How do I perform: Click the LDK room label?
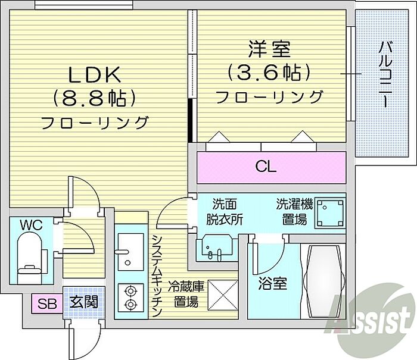point(94,74)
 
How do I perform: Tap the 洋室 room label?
point(269,49)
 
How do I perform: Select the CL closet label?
point(266,167)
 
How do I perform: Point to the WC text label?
point(32,226)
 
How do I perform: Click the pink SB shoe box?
point(47,303)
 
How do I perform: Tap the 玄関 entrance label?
point(84,302)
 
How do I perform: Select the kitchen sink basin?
point(131,252)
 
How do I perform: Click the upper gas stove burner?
point(130,292)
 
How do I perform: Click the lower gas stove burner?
point(130,303)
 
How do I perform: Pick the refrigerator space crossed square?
point(223,295)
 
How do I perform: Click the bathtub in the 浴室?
point(324,281)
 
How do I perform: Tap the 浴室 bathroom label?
point(273,283)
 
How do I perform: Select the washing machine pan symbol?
point(330,212)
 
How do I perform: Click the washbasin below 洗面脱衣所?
point(216,248)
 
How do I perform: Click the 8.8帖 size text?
point(95,98)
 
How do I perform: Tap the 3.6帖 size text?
point(269,72)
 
